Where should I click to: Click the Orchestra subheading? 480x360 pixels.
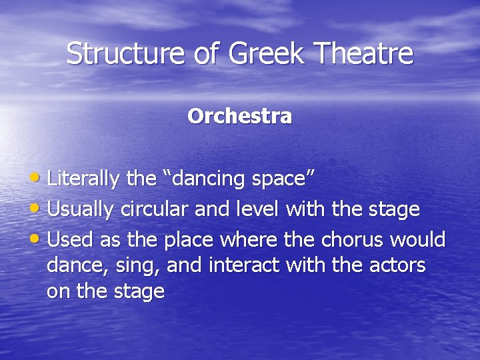[x=239, y=116]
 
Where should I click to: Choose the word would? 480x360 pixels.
[x=419, y=239]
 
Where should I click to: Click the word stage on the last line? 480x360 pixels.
[x=139, y=292]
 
